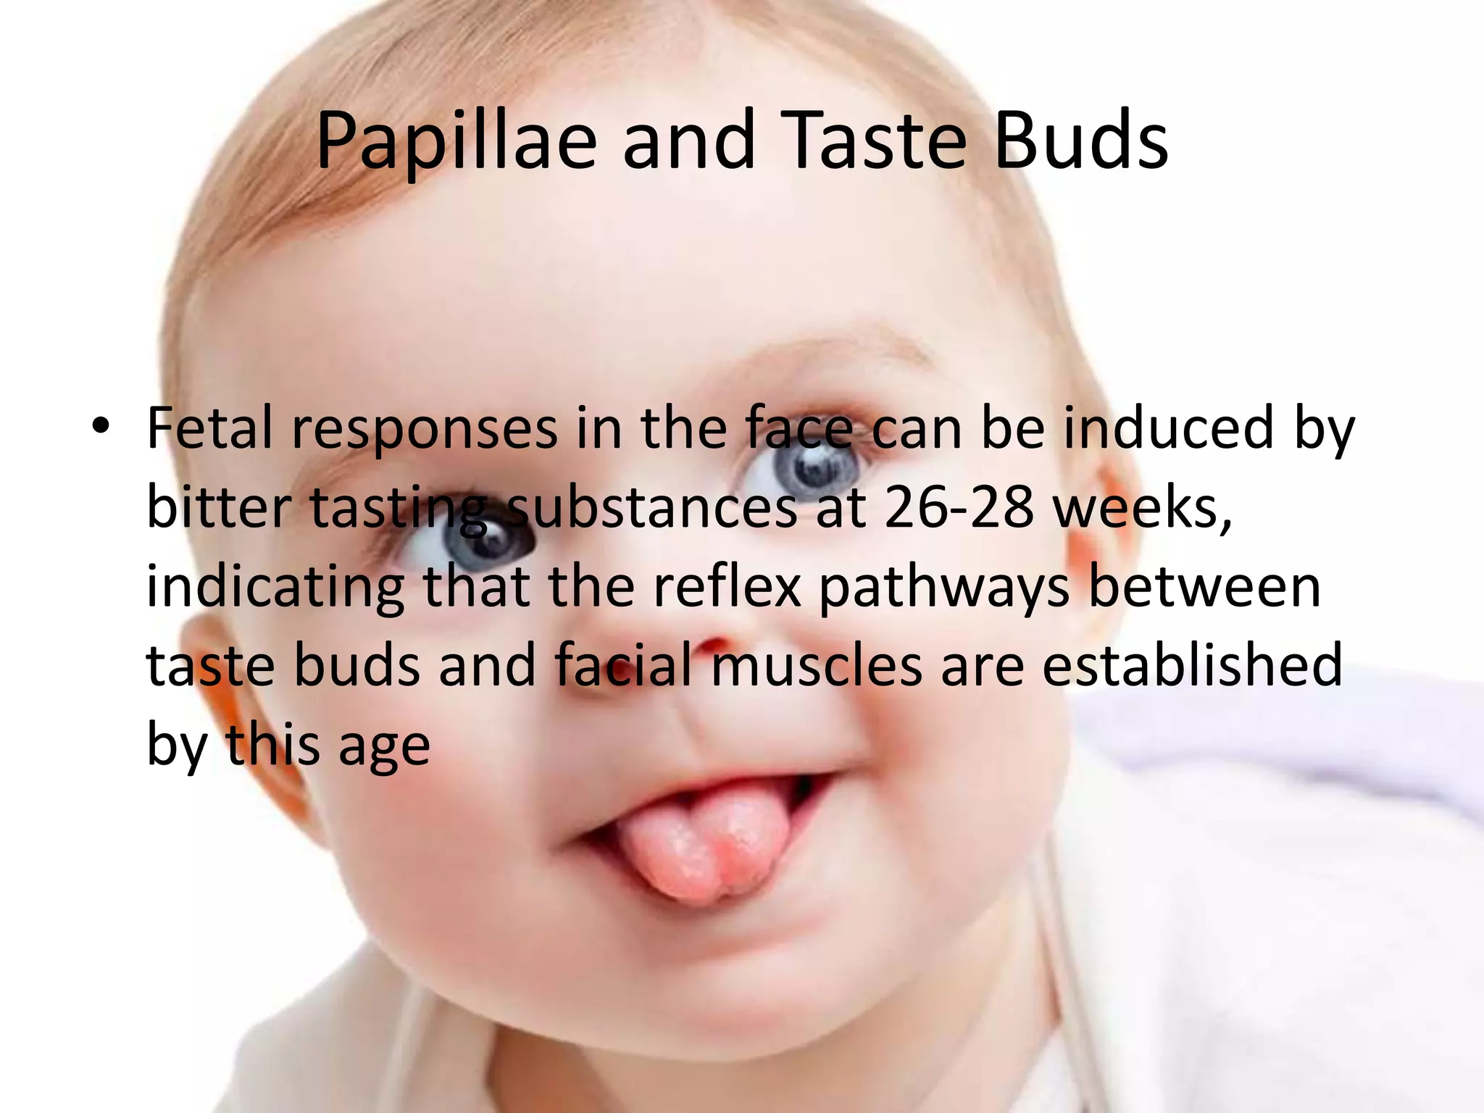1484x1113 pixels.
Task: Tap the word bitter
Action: (x=219, y=507)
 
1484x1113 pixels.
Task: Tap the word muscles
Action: (x=816, y=666)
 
